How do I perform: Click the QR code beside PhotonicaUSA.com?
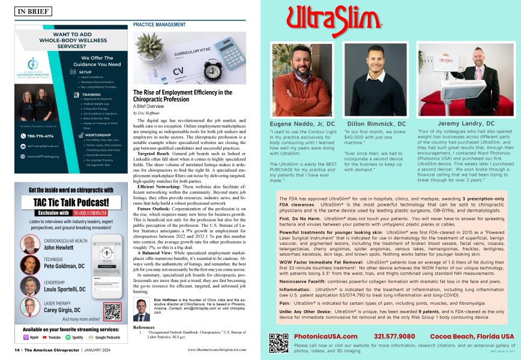pyautogui.click(x=279, y=343)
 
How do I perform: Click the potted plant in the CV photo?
pyautogui.click(x=146, y=48)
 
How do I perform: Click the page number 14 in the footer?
pyautogui.click(x=18, y=350)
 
